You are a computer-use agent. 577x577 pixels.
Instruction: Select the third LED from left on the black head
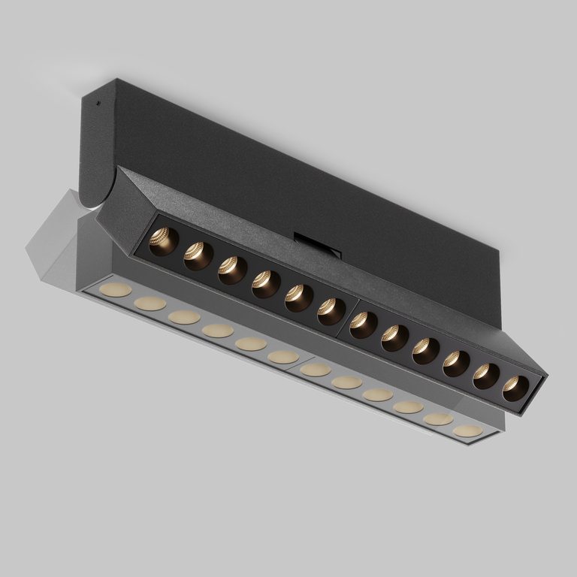pyautogui.click(x=231, y=270)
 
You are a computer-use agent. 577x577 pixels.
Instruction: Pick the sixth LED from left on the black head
pyautogui.click(x=331, y=311)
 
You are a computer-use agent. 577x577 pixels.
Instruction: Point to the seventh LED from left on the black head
pyautogui.click(x=363, y=325)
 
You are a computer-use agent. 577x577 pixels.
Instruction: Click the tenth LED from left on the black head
pyautogui.click(x=456, y=364)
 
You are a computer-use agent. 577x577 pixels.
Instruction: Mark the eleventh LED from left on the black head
pyautogui.click(x=486, y=376)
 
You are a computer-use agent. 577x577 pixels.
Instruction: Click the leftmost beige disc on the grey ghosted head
pyautogui.click(x=118, y=290)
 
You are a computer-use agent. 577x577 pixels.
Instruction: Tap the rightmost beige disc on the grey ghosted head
pyautogui.click(x=469, y=431)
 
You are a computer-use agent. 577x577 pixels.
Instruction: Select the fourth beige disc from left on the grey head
pyautogui.click(x=217, y=330)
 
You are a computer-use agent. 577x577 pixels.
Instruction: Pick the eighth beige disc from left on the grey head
pyautogui.click(x=346, y=382)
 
